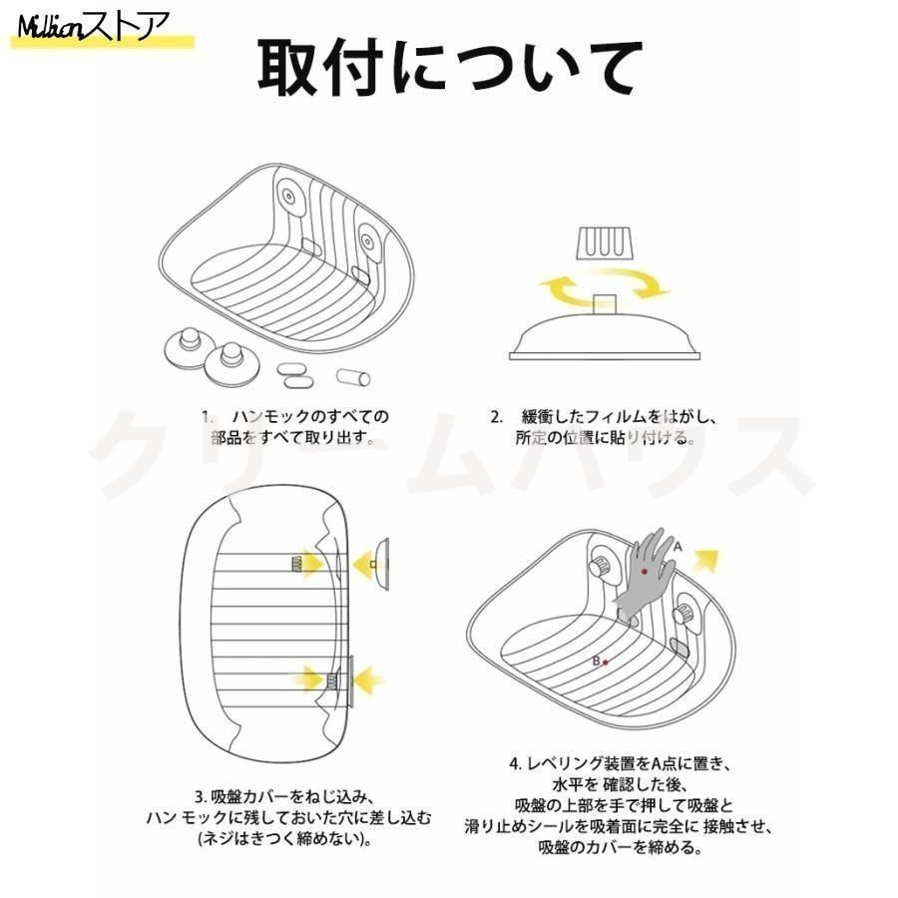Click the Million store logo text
point(93,27)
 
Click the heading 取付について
point(450,68)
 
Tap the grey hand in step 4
point(644,576)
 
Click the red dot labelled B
point(606,663)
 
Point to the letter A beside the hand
point(678,547)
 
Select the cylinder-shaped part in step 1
point(353,377)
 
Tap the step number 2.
point(496,417)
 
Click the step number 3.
point(201,796)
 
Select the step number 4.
point(516,763)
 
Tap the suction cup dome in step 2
point(605,338)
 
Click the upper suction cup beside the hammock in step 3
point(381,564)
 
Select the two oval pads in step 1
point(295,374)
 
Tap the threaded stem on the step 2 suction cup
point(605,304)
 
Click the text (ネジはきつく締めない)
point(283,839)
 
